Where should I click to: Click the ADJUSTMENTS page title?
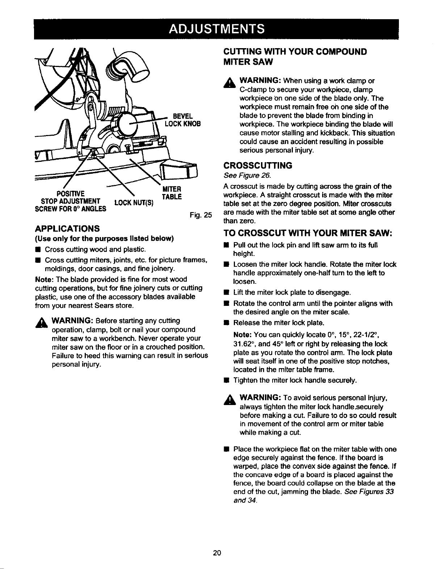[x=219, y=28]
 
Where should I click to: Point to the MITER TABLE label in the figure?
[x=172, y=193]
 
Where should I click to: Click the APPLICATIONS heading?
[x=67, y=229]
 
